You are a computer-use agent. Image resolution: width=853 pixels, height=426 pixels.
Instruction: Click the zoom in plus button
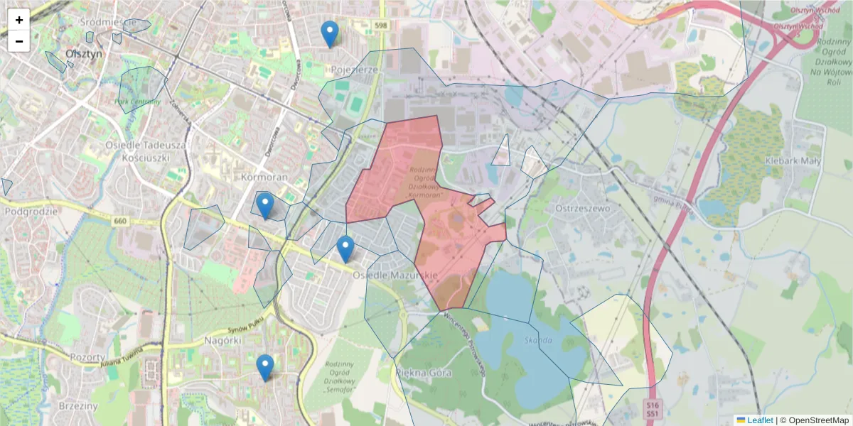[19, 20]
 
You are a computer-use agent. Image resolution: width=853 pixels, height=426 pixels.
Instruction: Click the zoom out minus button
[19, 41]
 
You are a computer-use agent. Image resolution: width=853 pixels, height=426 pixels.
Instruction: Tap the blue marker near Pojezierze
[329, 33]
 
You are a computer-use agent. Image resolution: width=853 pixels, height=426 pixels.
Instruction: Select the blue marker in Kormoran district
[264, 205]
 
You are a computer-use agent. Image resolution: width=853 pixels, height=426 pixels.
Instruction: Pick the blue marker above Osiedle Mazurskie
[345, 248]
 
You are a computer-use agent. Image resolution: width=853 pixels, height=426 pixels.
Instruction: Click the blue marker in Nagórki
[265, 367]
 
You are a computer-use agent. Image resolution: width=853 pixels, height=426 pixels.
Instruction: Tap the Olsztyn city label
[84, 53]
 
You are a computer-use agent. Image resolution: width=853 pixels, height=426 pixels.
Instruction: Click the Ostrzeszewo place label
[584, 209]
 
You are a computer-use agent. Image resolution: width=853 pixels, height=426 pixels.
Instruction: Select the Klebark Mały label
[793, 160]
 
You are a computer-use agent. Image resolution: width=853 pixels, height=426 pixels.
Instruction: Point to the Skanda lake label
[540, 340]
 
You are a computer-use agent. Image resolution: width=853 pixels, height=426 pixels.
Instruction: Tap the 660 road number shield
[119, 222]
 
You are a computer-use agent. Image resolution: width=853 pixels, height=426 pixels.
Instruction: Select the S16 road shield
[652, 404]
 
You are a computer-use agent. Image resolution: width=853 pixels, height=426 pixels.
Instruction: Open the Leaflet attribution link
[759, 420]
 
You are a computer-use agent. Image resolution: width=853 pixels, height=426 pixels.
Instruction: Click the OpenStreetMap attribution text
[818, 420]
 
